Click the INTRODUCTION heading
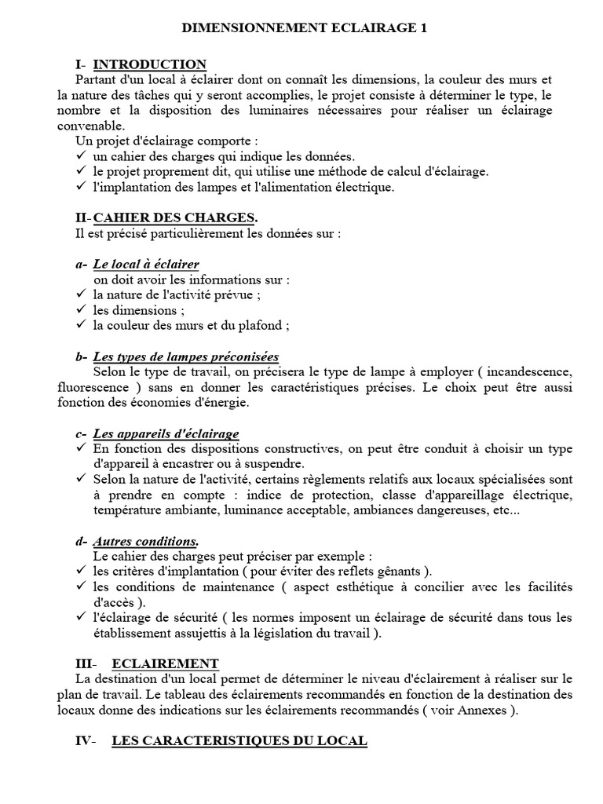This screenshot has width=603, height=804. pos(149,64)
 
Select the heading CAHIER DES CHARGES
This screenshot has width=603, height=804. pos(174,217)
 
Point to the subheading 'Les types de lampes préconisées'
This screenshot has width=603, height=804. pos(185,356)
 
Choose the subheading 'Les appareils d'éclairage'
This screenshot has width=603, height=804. pos(166,433)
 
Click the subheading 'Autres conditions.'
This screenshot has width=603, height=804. pos(145,541)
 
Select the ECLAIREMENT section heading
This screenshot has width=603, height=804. pos(165,663)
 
